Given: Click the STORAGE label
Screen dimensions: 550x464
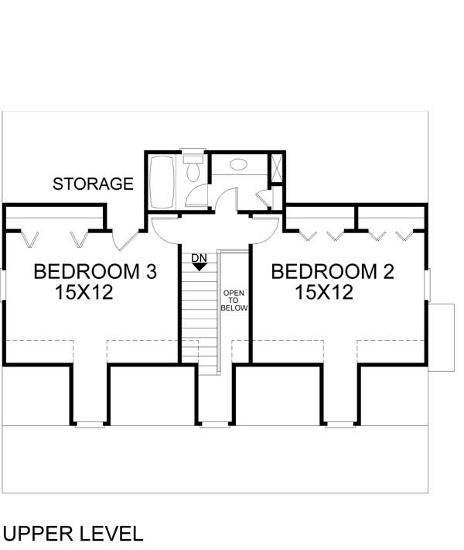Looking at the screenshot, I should coord(93,184).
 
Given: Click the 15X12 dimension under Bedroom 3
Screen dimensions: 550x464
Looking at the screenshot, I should coord(85,293).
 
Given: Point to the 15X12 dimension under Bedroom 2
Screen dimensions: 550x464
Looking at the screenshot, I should coord(324,293).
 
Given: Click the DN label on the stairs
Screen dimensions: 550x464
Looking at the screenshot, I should coord(199,256).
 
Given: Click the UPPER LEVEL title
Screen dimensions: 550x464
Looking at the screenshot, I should coord(73,533).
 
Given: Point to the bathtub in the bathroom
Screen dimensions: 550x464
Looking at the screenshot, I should coord(162,181).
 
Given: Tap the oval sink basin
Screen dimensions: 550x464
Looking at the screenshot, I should coord(239,165).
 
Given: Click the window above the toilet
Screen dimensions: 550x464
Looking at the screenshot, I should coord(191,151).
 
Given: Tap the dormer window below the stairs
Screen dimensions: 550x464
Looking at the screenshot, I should coord(211,423).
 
